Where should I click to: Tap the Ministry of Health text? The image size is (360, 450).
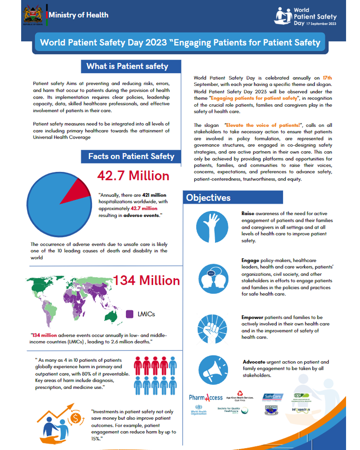78,15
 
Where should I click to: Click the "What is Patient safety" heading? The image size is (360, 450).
127,66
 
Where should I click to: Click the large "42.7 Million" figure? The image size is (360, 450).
133,175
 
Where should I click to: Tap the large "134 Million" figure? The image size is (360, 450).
146,280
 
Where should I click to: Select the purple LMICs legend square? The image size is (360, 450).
129,314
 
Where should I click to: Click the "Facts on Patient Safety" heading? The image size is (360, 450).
131,156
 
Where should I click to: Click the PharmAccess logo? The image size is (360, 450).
205,397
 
